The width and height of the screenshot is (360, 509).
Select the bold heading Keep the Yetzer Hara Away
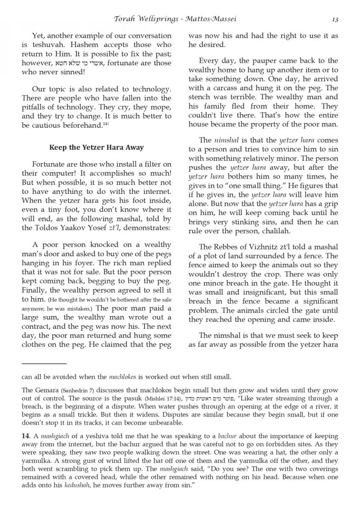click(97, 148)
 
